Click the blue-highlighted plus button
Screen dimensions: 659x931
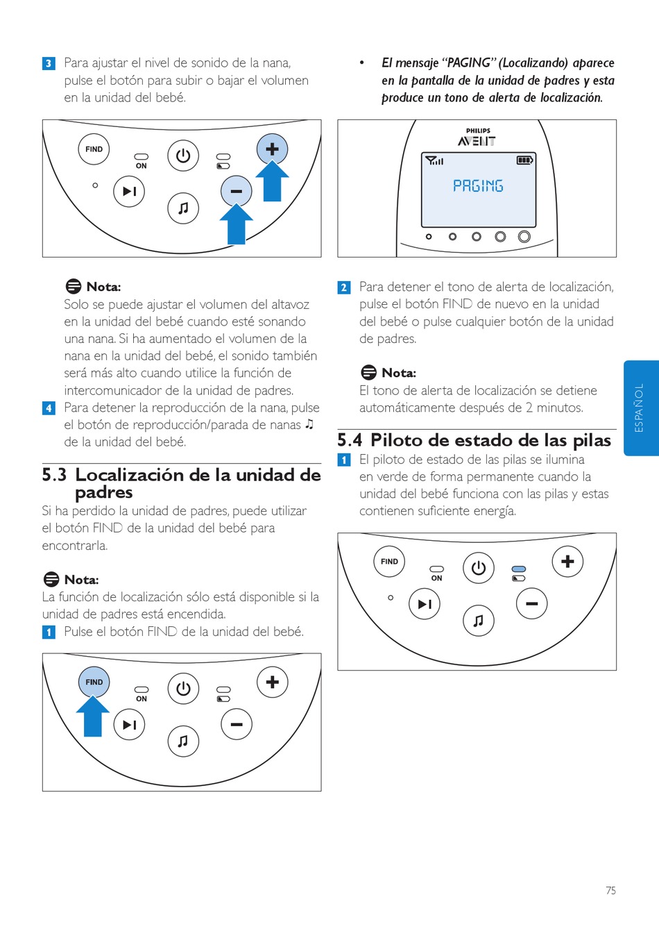click(x=272, y=149)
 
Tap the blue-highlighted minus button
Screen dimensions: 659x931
click(x=237, y=191)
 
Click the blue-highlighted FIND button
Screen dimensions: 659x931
click(x=94, y=682)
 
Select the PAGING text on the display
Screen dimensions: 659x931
click(x=478, y=186)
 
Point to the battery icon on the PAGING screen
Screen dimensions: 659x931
click(x=524, y=160)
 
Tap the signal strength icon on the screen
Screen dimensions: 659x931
click(x=434, y=160)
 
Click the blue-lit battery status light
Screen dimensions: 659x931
click(x=519, y=569)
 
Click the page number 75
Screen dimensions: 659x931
click(x=610, y=890)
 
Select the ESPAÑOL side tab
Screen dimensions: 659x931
click(x=640, y=408)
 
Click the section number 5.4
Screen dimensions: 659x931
click(x=350, y=440)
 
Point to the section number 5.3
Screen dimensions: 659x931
click(x=54, y=475)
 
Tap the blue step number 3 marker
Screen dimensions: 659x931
click(x=49, y=63)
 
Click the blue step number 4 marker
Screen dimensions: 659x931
click(x=49, y=408)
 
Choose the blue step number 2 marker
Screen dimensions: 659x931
click(x=344, y=287)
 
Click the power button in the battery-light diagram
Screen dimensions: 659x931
click(x=479, y=568)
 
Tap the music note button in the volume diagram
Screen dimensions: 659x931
click(x=183, y=208)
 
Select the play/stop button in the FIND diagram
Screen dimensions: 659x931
click(x=129, y=725)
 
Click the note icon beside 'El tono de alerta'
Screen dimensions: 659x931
click(x=368, y=373)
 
